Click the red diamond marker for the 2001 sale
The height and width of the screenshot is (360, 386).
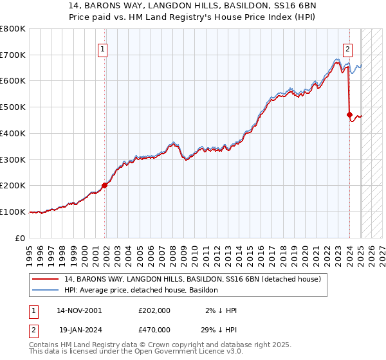(104, 185)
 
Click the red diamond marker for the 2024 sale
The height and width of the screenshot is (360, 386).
(349, 115)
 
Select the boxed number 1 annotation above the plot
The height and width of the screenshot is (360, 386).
(102, 48)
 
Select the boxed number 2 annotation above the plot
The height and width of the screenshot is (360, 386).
(347, 48)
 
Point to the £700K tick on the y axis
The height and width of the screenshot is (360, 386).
(13, 55)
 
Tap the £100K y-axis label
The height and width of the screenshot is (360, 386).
(13, 212)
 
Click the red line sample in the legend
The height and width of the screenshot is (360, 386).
(47, 279)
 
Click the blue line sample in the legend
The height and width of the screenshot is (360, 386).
(47, 290)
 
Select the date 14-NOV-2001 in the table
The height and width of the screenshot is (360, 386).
(79, 310)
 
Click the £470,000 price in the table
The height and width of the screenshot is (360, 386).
(154, 329)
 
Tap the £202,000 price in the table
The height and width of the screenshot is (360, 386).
(154, 310)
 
